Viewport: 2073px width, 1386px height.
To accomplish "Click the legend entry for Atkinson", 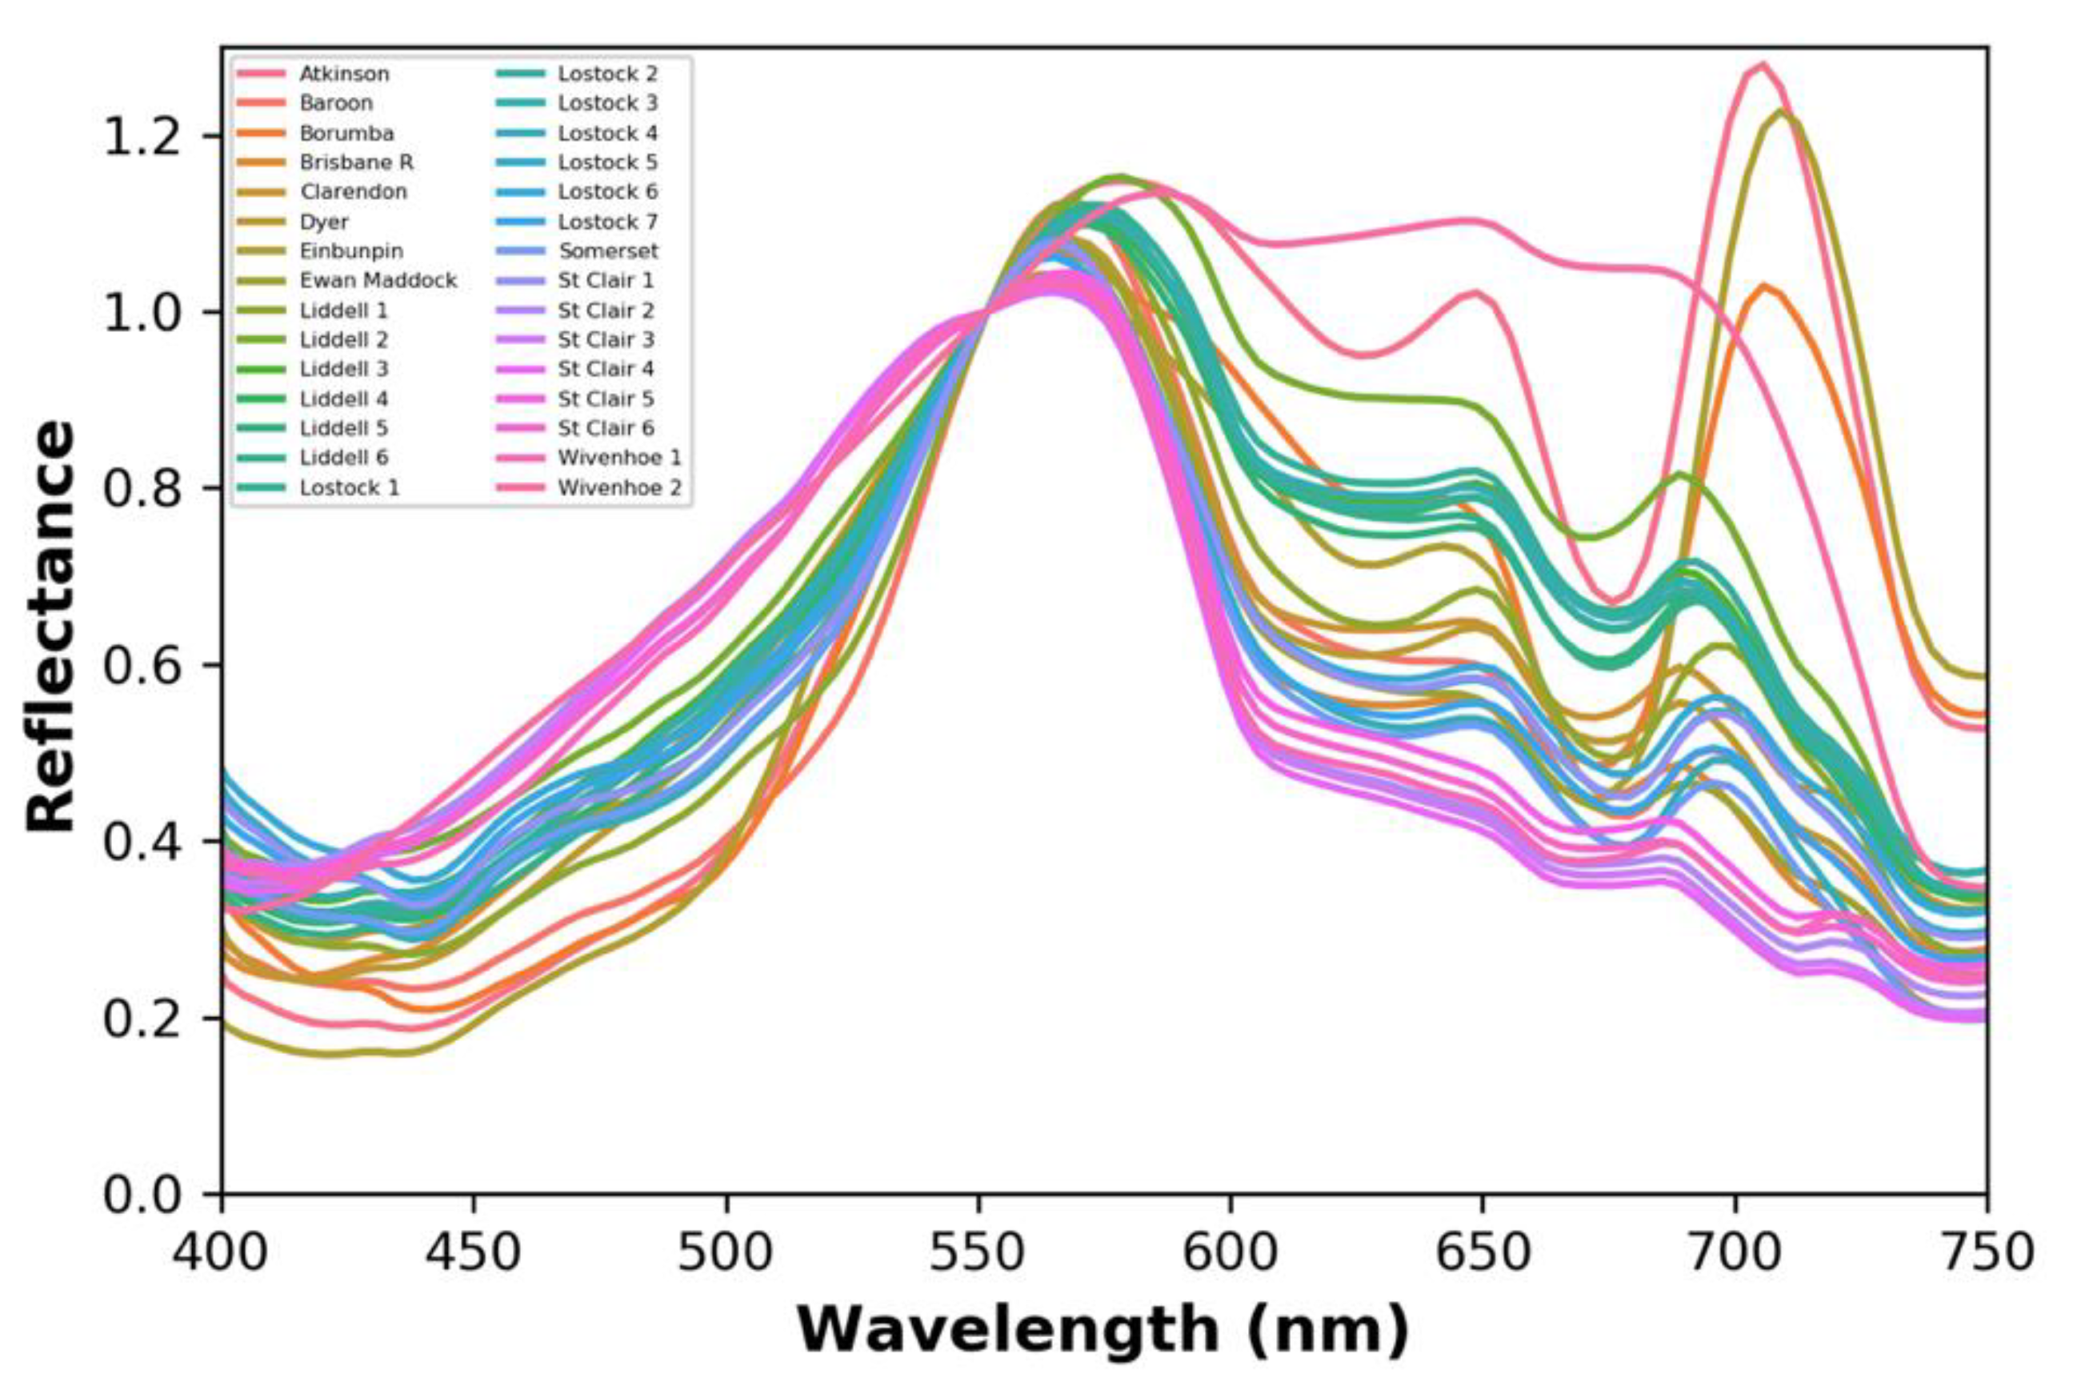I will click(344, 74).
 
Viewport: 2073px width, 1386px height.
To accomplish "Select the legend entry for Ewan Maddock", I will click(378, 280).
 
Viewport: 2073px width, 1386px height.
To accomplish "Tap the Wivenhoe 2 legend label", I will click(619, 488).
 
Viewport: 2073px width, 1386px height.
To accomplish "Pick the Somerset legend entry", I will click(608, 251).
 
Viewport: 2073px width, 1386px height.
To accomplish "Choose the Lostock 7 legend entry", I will click(608, 222).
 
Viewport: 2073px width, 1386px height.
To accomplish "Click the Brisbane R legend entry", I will click(356, 162).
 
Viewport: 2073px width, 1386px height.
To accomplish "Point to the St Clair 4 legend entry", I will click(606, 370).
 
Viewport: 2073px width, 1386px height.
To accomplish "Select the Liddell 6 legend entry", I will click(344, 458).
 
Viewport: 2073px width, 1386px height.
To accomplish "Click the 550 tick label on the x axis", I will click(978, 1253).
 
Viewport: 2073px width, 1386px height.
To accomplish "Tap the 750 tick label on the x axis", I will click(1987, 1253).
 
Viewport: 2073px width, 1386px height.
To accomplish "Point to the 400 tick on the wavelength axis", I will click(221, 1253).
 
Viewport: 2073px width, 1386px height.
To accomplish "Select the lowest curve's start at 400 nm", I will click(223, 1023).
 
